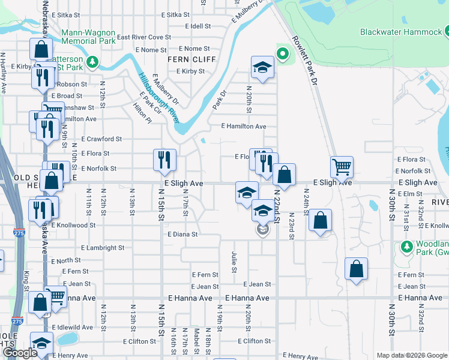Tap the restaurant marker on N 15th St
click(x=165, y=160)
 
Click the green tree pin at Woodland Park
click(x=406, y=247)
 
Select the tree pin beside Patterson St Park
click(x=92, y=62)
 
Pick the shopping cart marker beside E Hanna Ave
click(x=56, y=296)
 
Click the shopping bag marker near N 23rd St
click(x=321, y=220)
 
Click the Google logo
click(x=20, y=353)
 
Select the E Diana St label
click(x=182, y=234)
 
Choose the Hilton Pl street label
click(x=142, y=112)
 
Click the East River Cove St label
click(x=144, y=37)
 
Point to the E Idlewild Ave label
click(x=72, y=327)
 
